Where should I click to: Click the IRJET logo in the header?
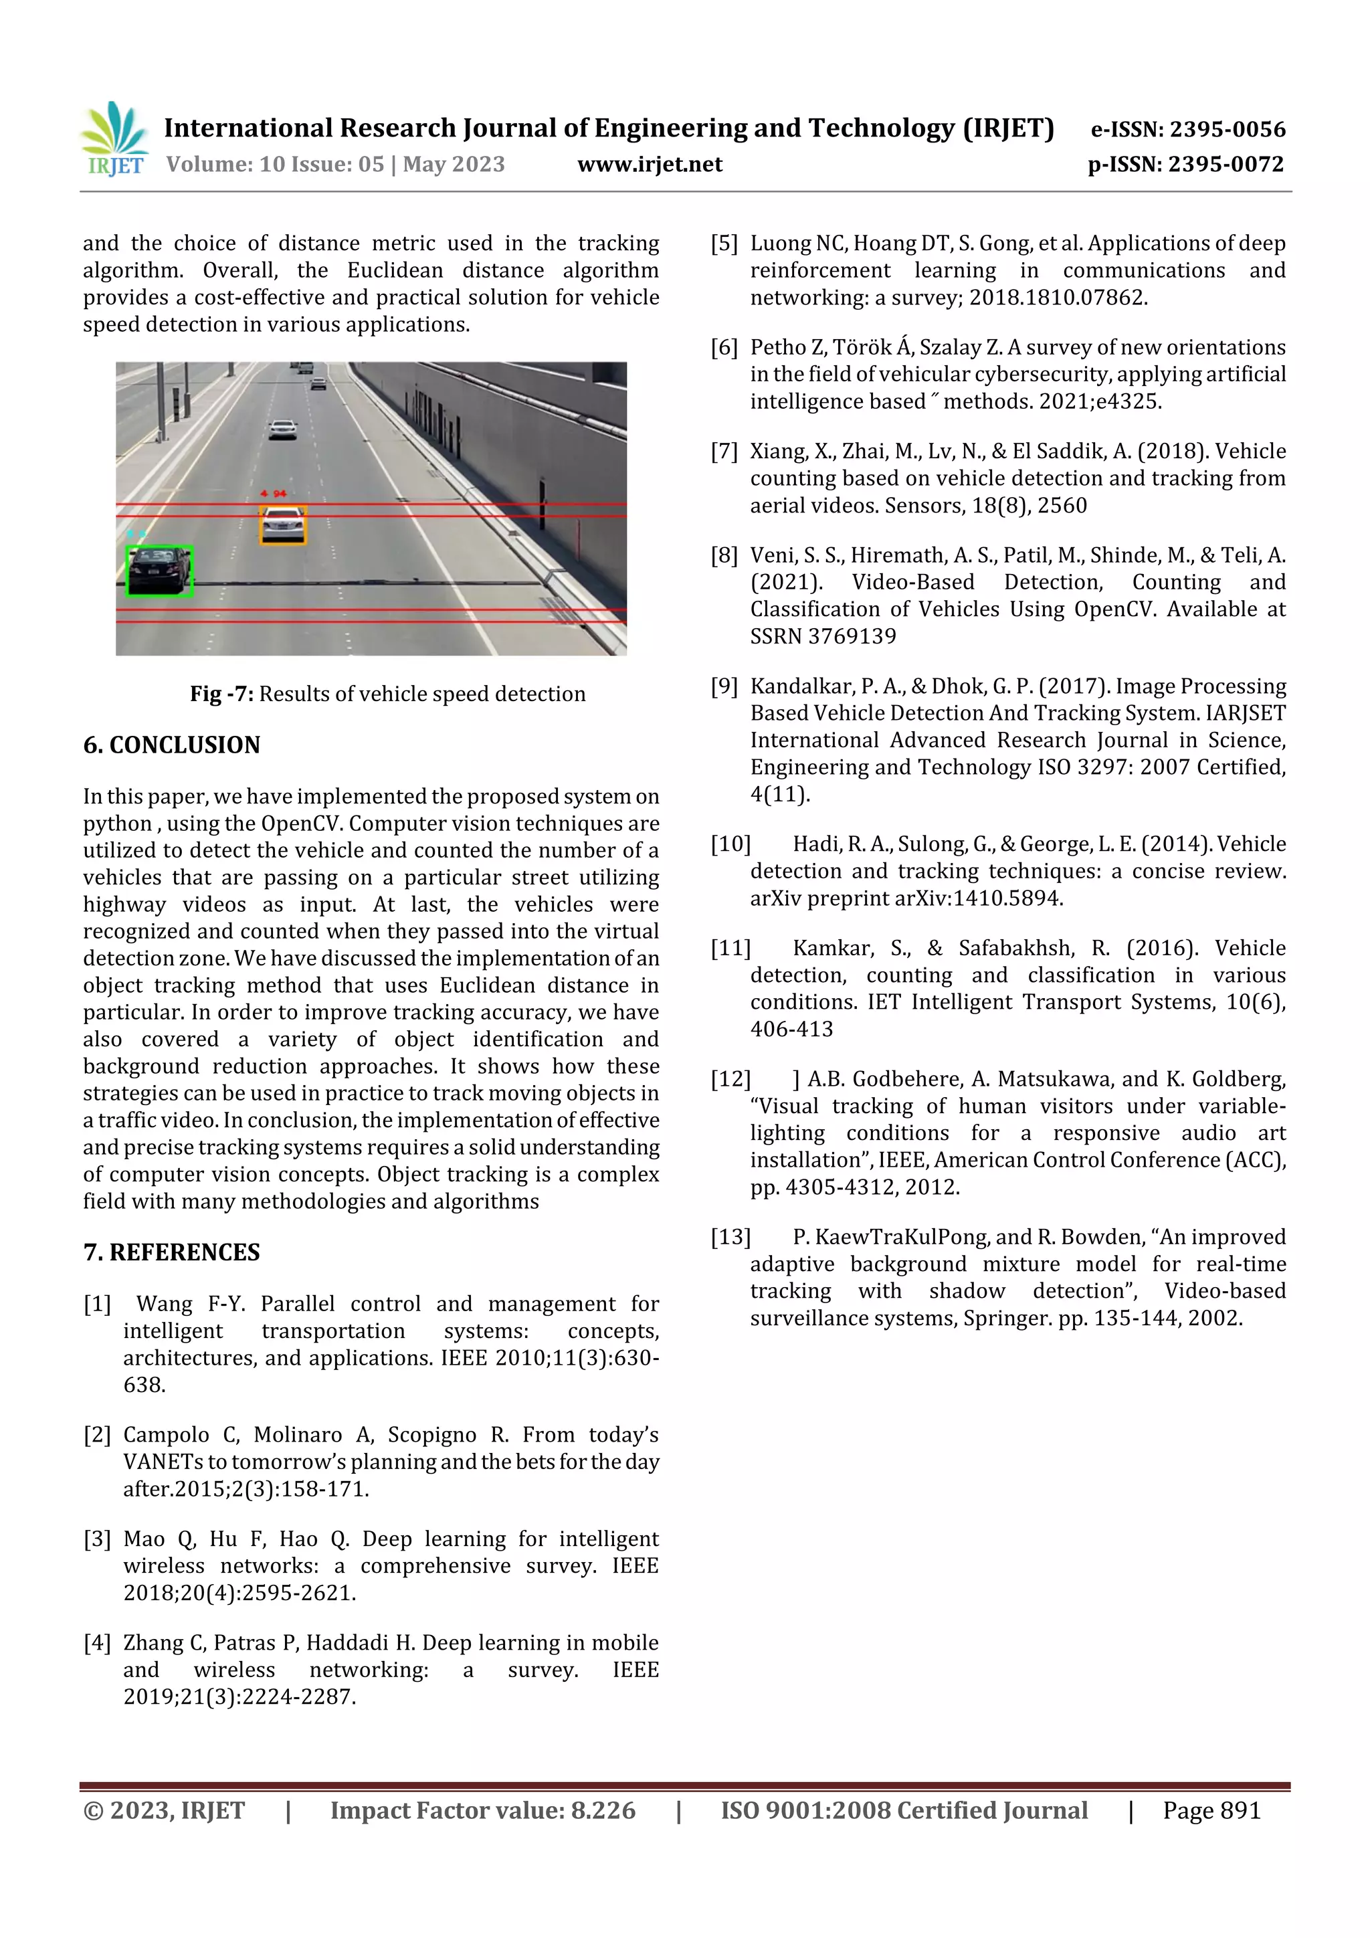click(115, 139)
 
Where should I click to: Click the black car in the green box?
click(159, 570)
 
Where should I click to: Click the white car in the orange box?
click(283, 525)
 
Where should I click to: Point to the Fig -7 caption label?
click(221, 694)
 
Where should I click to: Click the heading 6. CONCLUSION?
click(171, 745)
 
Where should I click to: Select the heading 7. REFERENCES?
click(171, 1252)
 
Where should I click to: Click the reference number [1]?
click(97, 1304)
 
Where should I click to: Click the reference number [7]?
click(724, 452)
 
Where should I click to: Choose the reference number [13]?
click(730, 1238)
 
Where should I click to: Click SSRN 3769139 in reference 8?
click(823, 636)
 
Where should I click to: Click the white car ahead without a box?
click(283, 429)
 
